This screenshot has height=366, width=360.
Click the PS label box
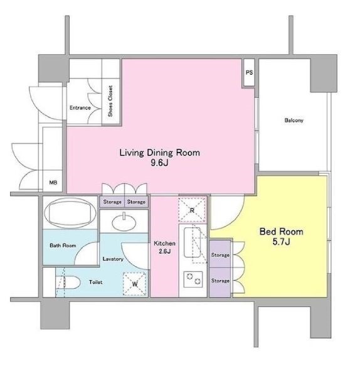[249, 73]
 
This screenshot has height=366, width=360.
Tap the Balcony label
[294, 120]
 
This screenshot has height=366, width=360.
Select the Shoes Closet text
[110, 101]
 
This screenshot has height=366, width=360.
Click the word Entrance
[80, 107]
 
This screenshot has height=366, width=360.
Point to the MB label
[53, 183]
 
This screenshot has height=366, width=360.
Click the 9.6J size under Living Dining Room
[159, 163]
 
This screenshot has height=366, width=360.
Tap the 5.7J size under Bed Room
[282, 242]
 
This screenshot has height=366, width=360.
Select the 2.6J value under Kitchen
[164, 251]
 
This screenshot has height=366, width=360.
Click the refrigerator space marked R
[192, 210]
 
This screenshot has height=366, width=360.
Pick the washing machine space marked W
[135, 284]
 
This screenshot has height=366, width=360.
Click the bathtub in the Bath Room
[70, 213]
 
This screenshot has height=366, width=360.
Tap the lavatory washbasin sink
[124, 222]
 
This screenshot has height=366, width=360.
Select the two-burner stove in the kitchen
[193, 279]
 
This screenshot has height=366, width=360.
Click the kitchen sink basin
[193, 242]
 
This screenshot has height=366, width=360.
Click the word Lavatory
[113, 259]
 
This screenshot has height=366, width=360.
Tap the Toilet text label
[95, 282]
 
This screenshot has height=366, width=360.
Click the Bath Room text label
[63, 245]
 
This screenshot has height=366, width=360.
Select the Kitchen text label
[164, 243]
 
